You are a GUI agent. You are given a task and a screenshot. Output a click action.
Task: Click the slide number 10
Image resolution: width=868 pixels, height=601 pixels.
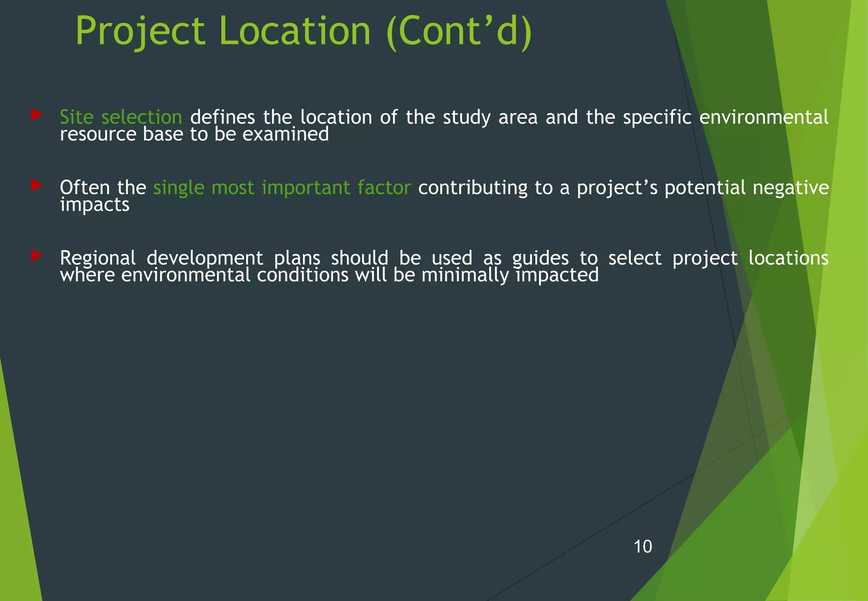(x=643, y=547)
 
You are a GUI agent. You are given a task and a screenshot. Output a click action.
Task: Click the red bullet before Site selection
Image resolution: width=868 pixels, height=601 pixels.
(x=36, y=114)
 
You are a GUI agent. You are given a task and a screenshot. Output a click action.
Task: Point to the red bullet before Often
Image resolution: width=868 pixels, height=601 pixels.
(x=36, y=185)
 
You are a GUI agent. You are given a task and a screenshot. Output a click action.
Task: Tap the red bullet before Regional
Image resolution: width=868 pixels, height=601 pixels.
(x=36, y=256)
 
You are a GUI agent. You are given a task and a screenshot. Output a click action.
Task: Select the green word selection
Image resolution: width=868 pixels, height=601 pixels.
(x=142, y=117)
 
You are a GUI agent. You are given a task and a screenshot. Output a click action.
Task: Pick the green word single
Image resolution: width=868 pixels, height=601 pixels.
(x=178, y=188)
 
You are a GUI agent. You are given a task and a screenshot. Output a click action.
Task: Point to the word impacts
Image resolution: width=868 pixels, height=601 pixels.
(x=95, y=205)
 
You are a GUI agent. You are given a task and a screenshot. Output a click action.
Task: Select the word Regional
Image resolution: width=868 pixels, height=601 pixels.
(x=97, y=259)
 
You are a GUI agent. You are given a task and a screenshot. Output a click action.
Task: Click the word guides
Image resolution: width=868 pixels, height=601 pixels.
(x=540, y=259)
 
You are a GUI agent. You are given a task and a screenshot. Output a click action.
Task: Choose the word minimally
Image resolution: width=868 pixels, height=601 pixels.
(x=465, y=275)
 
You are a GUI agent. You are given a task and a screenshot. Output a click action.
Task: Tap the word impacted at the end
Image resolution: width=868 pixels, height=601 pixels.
(x=557, y=275)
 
